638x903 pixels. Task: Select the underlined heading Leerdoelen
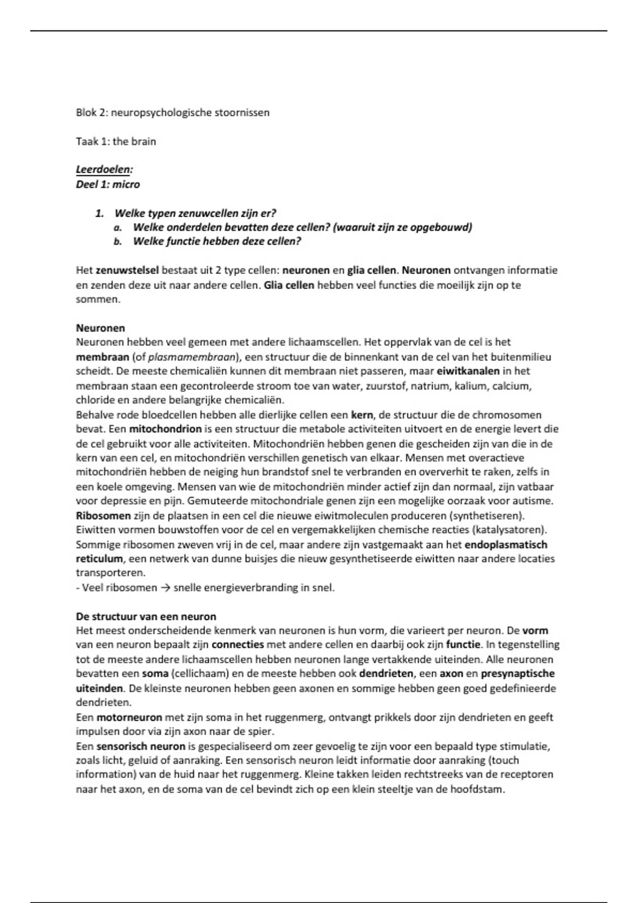(104, 170)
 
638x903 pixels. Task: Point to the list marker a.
(118, 227)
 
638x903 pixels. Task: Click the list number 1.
(99, 214)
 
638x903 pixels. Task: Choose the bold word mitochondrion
(165, 429)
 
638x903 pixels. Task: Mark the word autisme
(535, 501)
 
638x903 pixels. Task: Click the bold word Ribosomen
(103, 515)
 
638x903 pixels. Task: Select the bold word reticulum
(99, 559)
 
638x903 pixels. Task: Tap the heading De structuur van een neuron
(146, 617)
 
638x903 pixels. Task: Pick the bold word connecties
(238, 645)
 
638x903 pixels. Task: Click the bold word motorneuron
(129, 717)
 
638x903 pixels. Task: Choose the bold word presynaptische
(517, 674)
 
